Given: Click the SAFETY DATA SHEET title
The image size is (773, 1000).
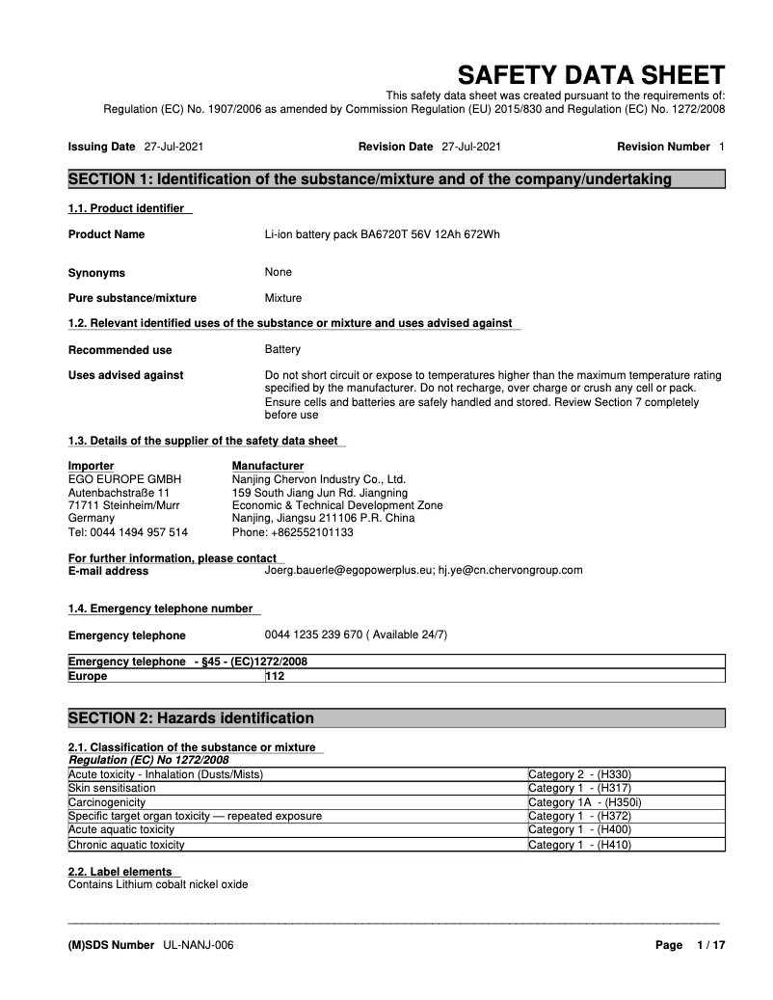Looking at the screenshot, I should [x=590, y=75].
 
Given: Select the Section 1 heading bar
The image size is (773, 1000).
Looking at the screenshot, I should [x=395, y=179].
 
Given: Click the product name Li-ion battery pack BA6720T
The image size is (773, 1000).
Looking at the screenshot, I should [x=382, y=234].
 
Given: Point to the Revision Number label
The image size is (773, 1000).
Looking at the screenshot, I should [x=663, y=147].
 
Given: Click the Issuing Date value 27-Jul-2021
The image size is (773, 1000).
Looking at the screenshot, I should [x=173, y=147].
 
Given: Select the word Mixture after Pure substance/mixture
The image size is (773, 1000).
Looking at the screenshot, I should [x=283, y=298].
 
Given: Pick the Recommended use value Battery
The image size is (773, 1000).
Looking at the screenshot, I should [x=282, y=349].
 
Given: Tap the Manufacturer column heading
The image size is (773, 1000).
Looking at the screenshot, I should [x=268, y=466].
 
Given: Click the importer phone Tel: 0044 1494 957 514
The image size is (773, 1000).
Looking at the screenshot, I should [x=128, y=531].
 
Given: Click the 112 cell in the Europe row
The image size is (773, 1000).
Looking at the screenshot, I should [x=275, y=676].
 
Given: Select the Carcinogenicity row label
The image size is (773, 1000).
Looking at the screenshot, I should [x=107, y=801].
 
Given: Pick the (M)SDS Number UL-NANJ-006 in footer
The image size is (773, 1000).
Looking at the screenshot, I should [x=150, y=945].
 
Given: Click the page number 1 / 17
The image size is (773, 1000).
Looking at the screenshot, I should [x=710, y=945].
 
